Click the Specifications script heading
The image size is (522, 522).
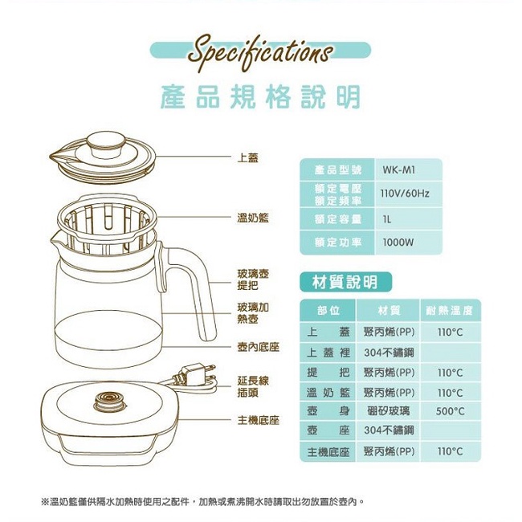[260, 53]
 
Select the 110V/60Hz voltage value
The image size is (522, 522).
[405, 194]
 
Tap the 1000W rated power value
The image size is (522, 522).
[398, 243]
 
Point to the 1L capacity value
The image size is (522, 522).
[387, 219]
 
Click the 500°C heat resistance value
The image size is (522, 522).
[450, 411]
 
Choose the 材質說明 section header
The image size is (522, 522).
[345, 283]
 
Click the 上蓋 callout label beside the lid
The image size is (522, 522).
[247, 157]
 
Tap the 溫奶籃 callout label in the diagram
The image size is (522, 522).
[253, 218]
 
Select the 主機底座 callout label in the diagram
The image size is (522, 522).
[259, 420]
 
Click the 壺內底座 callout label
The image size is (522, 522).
[259, 347]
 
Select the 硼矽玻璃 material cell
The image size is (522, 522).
[388, 411]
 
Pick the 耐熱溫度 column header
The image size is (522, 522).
[449, 311]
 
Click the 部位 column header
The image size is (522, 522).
[328, 311]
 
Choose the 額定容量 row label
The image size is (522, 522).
[338, 219]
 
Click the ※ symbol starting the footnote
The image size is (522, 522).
[45, 502]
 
